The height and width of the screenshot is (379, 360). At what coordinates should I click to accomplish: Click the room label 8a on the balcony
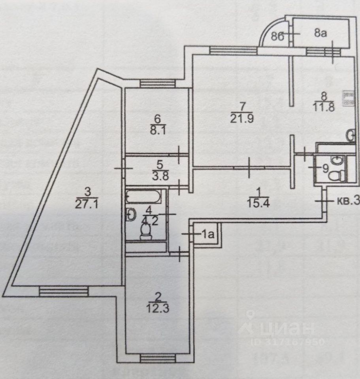click(x=320, y=34)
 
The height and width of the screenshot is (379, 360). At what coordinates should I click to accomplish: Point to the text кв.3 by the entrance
click(x=348, y=201)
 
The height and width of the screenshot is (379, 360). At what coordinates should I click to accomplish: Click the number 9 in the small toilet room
click(x=325, y=168)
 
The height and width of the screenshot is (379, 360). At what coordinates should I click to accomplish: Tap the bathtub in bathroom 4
click(x=144, y=196)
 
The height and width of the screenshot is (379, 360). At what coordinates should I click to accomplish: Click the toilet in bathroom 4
click(x=145, y=231)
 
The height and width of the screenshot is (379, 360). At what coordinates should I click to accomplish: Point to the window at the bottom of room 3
click(x=63, y=291)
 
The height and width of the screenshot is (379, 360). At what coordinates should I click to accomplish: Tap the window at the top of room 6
click(x=157, y=83)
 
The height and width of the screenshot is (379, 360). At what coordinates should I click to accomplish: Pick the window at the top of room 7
click(x=227, y=50)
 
